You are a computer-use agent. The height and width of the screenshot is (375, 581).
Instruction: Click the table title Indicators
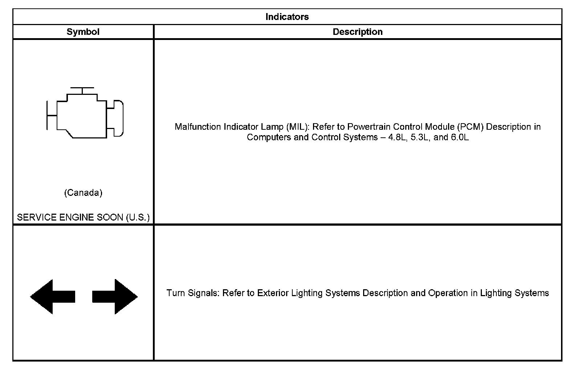(287, 17)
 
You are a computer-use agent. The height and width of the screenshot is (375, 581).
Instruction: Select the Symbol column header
(83, 32)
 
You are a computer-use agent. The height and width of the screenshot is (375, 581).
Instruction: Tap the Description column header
(358, 32)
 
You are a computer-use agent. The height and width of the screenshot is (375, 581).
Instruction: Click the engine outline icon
(85, 113)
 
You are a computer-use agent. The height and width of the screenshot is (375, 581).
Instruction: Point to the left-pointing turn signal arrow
(53, 297)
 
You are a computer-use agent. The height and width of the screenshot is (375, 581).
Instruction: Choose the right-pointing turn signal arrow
(115, 297)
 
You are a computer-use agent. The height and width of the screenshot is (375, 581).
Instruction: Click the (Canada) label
(83, 193)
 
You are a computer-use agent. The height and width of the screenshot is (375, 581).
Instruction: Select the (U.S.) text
(138, 218)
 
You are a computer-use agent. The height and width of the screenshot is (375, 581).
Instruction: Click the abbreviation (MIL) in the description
(297, 127)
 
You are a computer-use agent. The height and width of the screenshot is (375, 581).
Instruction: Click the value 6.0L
(460, 137)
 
